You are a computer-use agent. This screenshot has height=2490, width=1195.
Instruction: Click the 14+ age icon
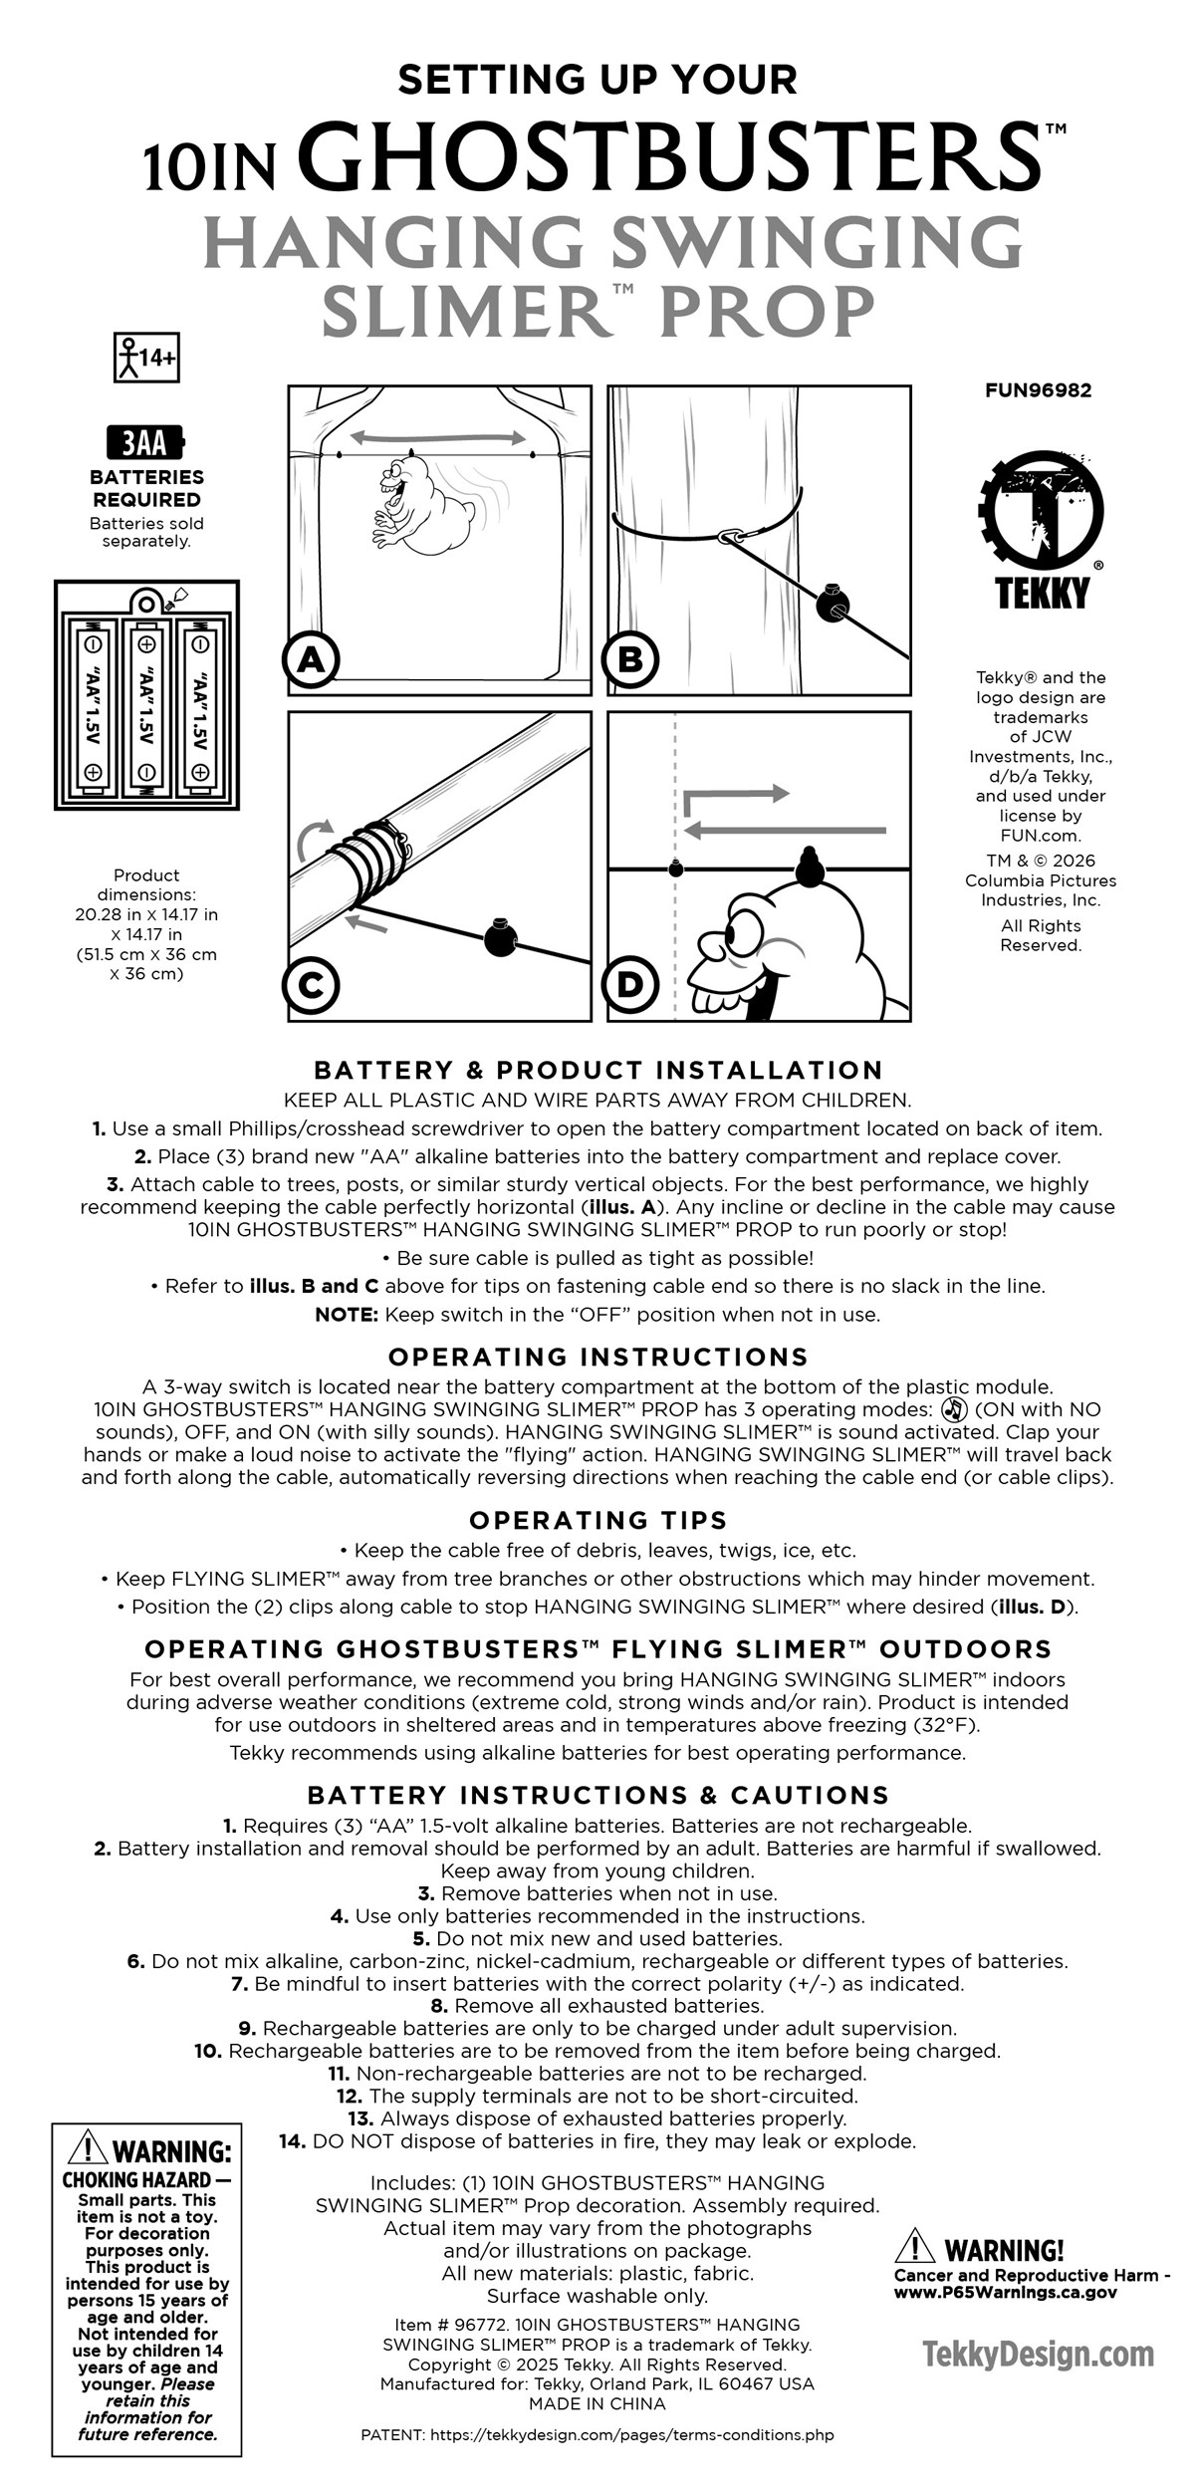coord(146,358)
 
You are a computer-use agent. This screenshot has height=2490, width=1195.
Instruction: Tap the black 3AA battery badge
coord(146,442)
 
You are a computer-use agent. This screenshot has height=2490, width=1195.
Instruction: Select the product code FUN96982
coord(1038,390)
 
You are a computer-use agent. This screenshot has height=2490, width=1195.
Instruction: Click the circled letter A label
coord(311,659)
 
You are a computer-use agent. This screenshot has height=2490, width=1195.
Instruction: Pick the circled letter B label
coord(631,659)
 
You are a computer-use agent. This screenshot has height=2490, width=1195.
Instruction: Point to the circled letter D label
coord(631,984)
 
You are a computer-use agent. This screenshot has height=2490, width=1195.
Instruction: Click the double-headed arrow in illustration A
coord(437,437)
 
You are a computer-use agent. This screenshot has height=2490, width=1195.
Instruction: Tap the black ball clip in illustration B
coord(834,605)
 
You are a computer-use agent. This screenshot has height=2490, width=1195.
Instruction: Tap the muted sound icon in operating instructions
coord(953,1409)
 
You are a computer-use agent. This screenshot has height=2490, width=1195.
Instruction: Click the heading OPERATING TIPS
coord(597,1520)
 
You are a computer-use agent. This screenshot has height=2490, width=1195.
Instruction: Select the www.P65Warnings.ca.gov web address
coord(1005,2292)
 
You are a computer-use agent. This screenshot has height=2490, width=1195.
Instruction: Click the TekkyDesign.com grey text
coord(1039,2355)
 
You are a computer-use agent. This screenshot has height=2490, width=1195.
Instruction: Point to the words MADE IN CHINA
coord(597,2403)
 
